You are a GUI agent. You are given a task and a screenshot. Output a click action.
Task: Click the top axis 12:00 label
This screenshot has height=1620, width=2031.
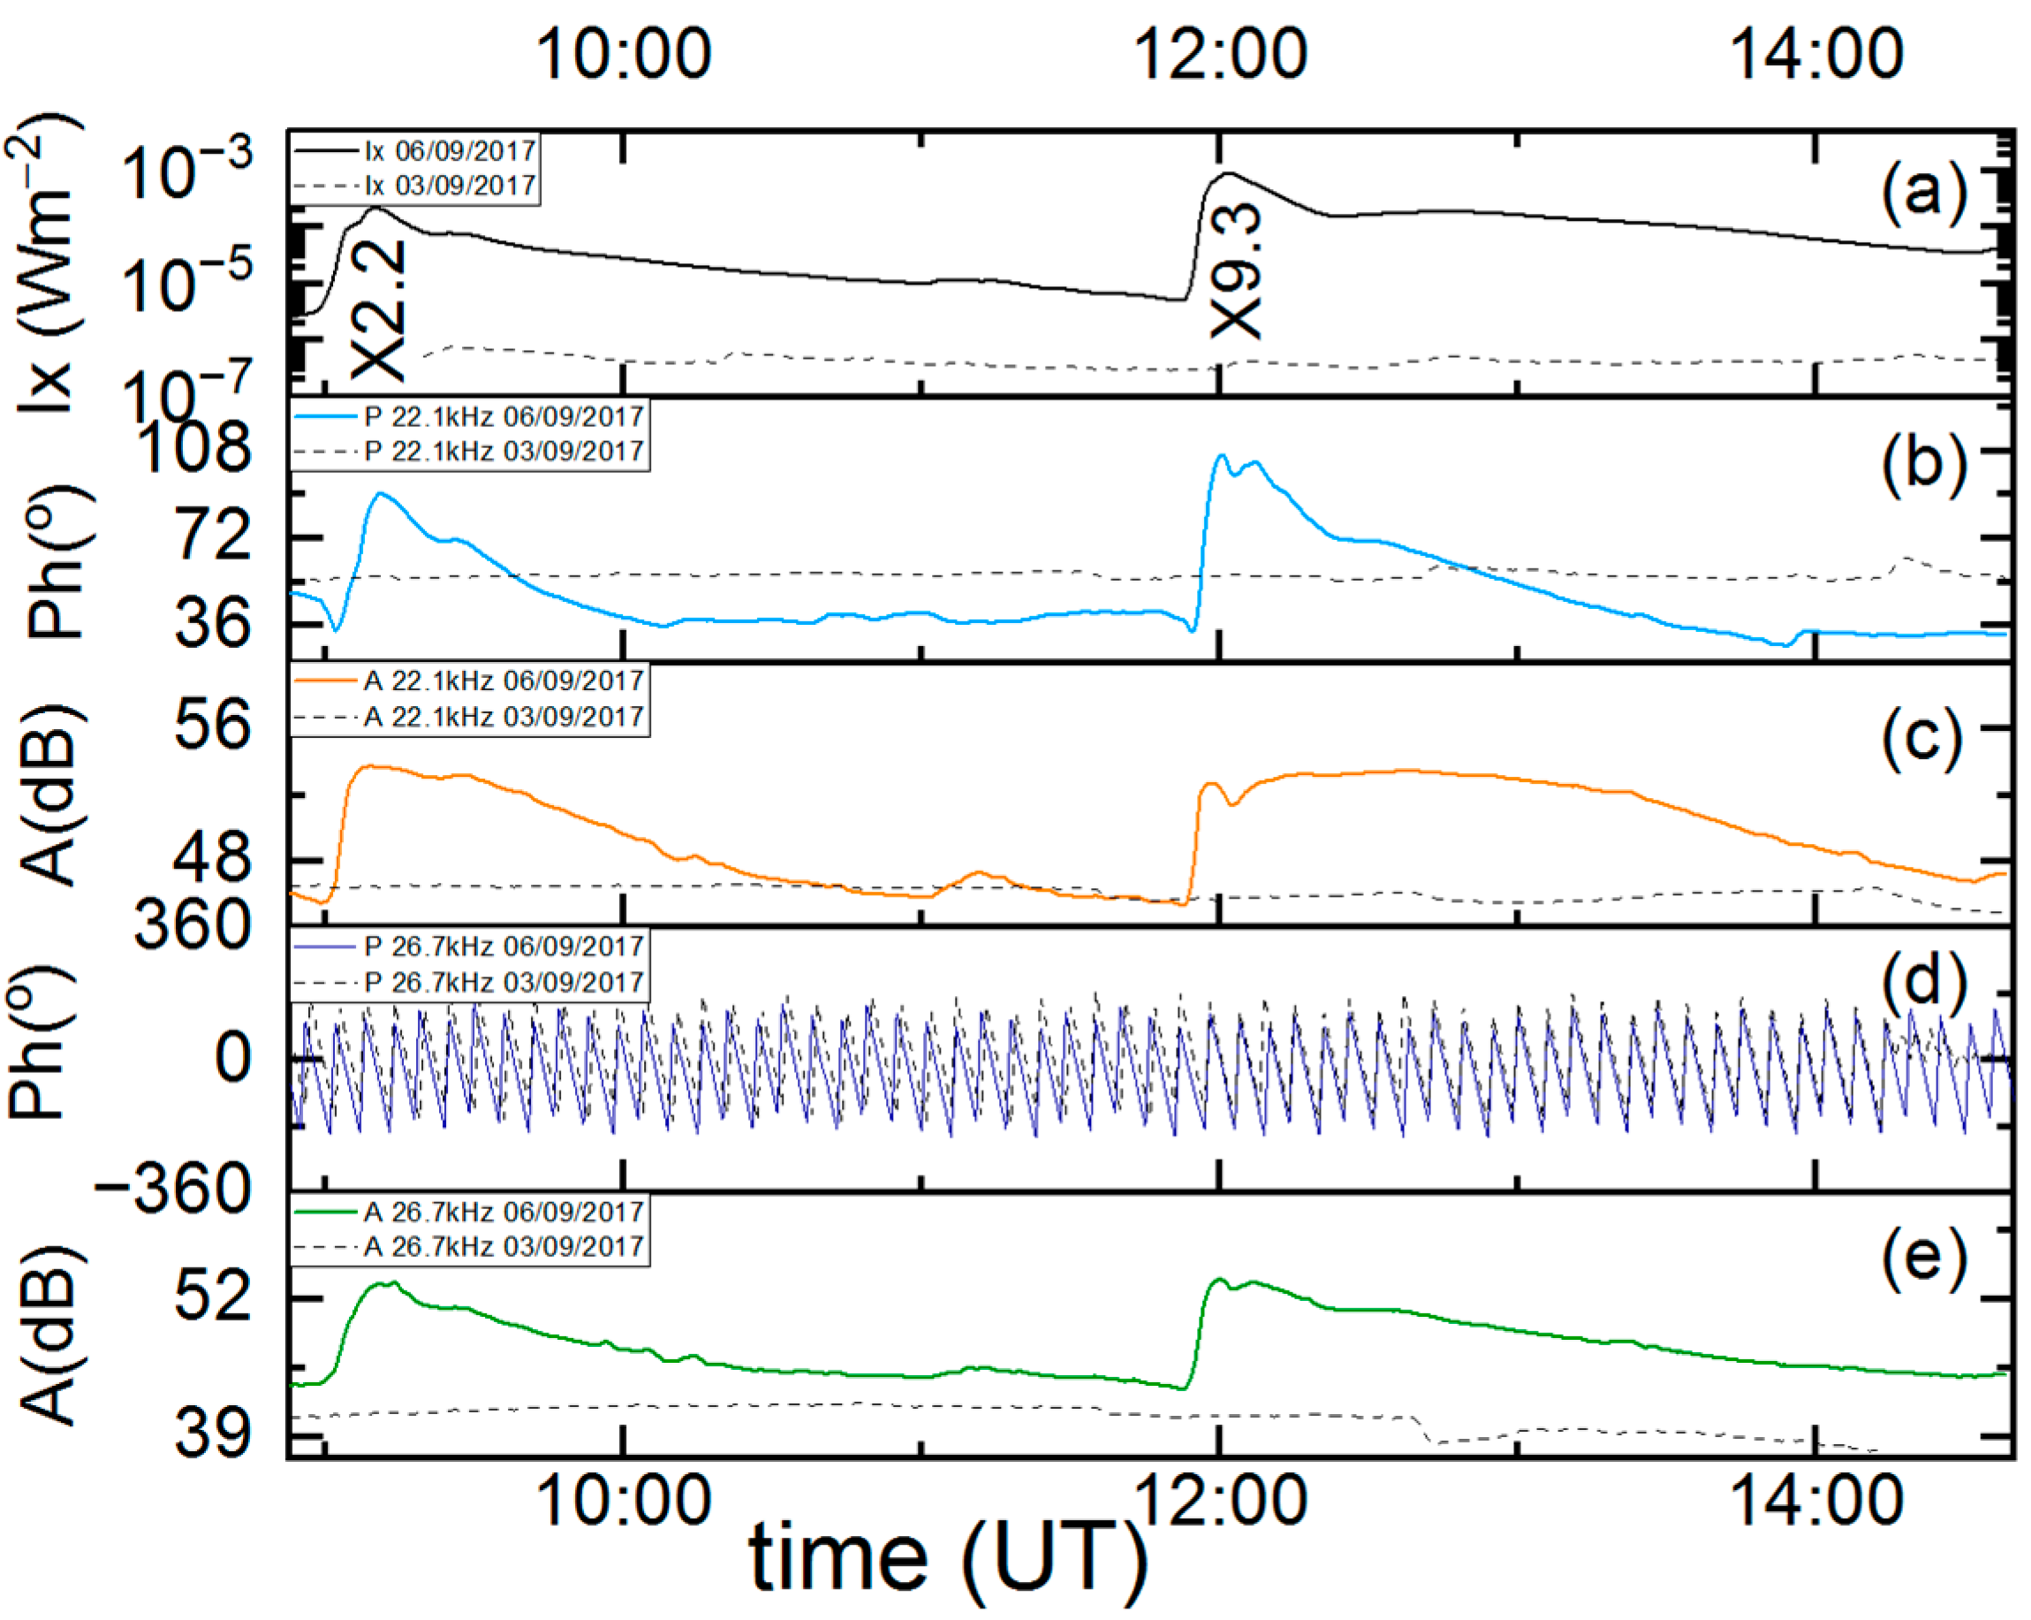tap(1219, 54)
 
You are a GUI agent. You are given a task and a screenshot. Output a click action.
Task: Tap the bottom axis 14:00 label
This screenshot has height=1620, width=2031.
tap(1816, 1501)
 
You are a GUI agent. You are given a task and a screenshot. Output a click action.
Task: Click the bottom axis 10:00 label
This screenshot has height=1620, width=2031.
tap(623, 1501)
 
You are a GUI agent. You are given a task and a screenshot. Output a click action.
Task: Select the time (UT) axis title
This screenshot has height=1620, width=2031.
tap(948, 1562)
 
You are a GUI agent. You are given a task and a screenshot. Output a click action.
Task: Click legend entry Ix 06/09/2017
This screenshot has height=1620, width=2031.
tap(451, 151)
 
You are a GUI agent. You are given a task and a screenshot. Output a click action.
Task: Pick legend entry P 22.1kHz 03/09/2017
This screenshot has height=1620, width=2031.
tap(503, 452)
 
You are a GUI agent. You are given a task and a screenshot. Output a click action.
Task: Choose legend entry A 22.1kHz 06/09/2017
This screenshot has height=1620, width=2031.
tap(503, 681)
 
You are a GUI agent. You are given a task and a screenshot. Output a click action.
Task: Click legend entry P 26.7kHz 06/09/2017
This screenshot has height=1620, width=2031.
tap(503, 947)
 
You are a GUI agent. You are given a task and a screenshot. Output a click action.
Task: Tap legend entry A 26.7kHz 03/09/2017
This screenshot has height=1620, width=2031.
tap(503, 1247)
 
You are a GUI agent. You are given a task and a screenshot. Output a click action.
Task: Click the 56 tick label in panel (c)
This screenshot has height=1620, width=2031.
tap(213, 725)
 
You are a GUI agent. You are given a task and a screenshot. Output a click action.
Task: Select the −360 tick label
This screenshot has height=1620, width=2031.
tap(174, 1190)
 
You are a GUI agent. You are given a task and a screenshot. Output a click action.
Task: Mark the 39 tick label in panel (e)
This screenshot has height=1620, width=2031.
tap(213, 1435)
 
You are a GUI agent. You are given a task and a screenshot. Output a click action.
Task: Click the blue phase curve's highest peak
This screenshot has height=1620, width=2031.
tap(1222, 456)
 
